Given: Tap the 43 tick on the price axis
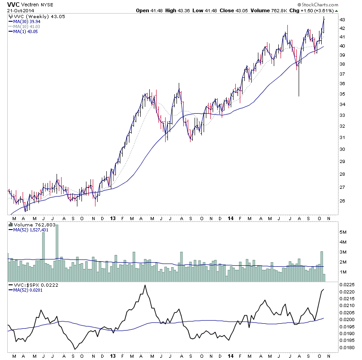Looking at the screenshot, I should click(x=343, y=19).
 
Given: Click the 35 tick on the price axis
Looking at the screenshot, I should click(x=343, y=94).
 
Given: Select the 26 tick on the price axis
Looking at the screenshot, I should click(x=343, y=201).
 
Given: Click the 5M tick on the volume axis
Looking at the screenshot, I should click(x=343, y=231).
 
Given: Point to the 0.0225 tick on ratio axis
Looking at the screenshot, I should click(x=347, y=285).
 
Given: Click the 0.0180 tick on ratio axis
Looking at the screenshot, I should click(x=347, y=348).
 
